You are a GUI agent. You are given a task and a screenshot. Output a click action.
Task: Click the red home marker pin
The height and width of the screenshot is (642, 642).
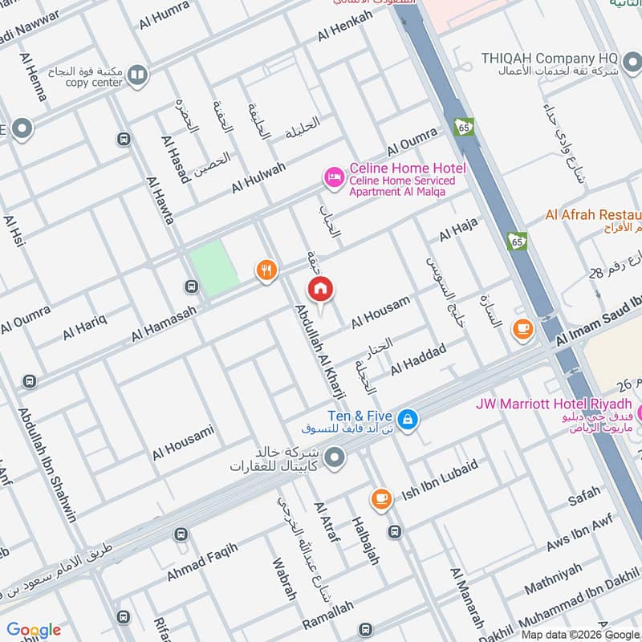point(320,290)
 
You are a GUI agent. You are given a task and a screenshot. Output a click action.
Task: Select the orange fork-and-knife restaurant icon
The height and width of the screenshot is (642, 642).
point(266,270)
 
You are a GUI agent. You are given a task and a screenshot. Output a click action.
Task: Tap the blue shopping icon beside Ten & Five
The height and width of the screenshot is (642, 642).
point(408,418)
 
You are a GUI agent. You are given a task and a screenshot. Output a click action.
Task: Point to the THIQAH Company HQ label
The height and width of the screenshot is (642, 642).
point(550,59)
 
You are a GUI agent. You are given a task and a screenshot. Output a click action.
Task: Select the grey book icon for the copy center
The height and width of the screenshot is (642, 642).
point(137,75)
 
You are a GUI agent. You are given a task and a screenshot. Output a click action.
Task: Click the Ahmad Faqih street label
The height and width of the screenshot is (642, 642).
point(202,563)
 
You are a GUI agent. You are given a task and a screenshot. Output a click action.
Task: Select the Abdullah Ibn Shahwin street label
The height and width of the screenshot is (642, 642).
point(47,465)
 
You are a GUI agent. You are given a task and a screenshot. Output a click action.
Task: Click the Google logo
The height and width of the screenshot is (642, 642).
point(34,630)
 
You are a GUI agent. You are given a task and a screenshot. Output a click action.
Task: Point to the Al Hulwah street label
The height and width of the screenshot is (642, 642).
point(258,177)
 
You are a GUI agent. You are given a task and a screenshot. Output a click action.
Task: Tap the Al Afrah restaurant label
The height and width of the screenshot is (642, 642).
point(593,215)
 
